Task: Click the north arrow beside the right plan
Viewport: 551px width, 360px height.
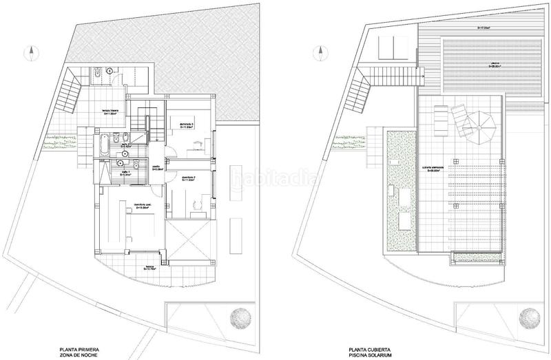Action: tap(317, 52)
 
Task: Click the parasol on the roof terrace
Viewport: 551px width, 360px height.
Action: tap(479, 126)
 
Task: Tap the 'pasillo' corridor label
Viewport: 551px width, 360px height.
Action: tap(156, 168)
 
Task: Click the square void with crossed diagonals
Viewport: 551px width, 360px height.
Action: tap(189, 241)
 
